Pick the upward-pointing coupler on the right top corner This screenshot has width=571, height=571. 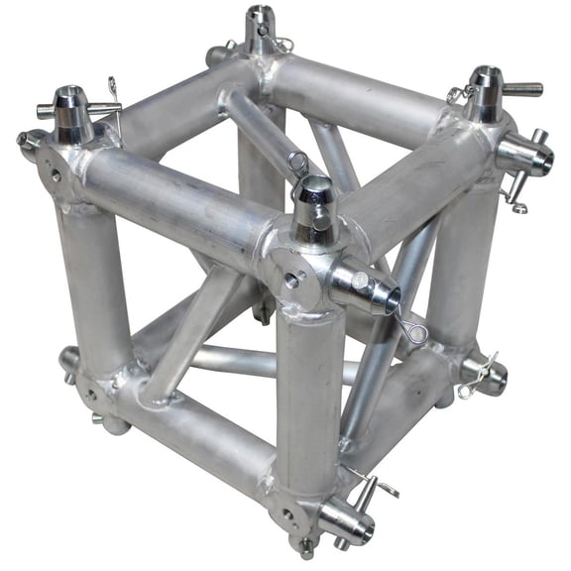click(485, 91)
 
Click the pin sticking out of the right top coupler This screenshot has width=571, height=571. click(521, 89)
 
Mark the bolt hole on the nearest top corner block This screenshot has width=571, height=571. click(293, 281)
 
